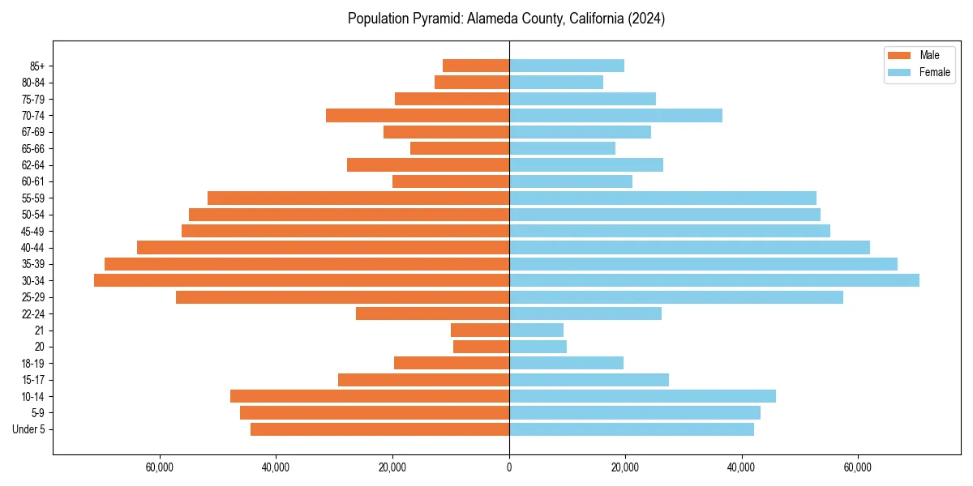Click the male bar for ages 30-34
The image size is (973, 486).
coord(302,280)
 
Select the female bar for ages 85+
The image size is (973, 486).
coord(567,66)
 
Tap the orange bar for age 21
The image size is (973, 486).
coord(480,330)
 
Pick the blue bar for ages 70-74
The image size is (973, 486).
coord(615,115)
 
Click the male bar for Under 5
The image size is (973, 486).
coord(379,429)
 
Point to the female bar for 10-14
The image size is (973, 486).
coord(642,396)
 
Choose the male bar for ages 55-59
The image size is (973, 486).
coord(358,198)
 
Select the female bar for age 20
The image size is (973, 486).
coord(538,347)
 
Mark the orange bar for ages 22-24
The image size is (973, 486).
coord(432,313)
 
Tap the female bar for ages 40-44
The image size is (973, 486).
coord(689,247)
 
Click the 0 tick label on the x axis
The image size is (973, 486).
coord(509,468)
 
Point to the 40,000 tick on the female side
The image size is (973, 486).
coord(741,468)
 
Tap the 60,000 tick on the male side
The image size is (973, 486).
coord(161,468)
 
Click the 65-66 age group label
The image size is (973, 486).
coord(33,148)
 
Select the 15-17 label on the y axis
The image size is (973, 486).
coord(33,380)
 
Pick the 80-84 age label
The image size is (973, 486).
coord(33,83)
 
